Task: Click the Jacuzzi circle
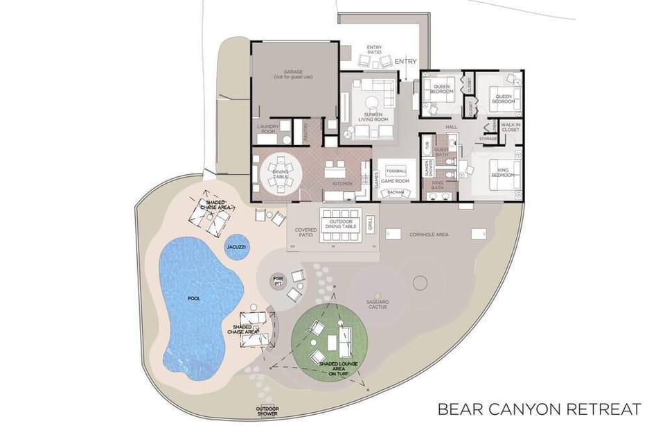pos(238,247)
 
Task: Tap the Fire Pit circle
pos(278,281)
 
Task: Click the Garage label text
pos(293,74)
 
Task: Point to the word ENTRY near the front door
pos(406,62)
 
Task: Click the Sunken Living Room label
pos(373,117)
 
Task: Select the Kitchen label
pos(342,183)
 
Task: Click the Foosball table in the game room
pos(396,171)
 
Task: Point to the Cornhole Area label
pos(428,234)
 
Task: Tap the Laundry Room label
pos(268,129)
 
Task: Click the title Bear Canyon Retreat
pos(539,409)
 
